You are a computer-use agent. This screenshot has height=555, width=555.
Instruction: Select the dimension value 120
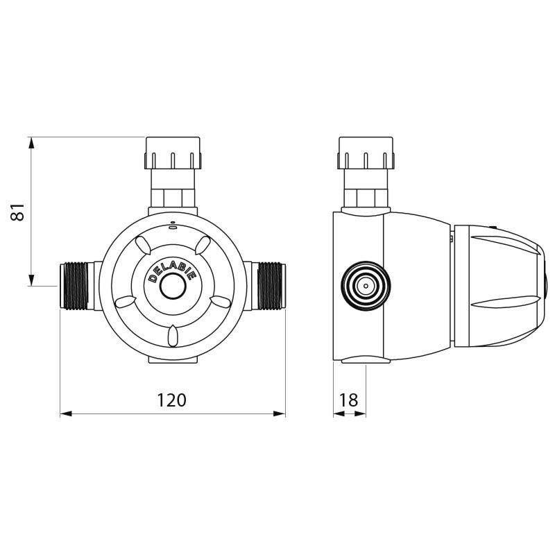click(x=172, y=400)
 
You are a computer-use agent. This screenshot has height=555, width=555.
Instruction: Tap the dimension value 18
click(x=350, y=400)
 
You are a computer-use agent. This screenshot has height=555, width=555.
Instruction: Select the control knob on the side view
click(x=496, y=286)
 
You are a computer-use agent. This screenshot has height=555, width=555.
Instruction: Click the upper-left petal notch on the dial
click(x=142, y=244)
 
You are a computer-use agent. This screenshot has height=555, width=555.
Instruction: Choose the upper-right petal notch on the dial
click(x=203, y=244)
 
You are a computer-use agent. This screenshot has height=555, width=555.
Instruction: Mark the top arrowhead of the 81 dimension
click(x=31, y=143)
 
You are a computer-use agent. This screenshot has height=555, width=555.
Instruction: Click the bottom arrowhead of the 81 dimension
click(x=31, y=280)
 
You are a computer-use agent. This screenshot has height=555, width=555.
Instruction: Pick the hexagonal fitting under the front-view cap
click(x=173, y=196)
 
